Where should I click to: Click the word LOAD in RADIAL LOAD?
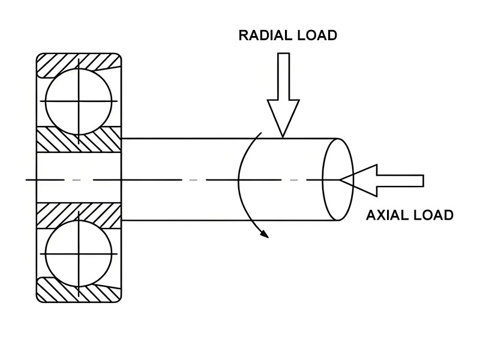pyautogui.click(x=317, y=35)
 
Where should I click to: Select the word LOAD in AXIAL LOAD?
pyautogui.click(x=433, y=215)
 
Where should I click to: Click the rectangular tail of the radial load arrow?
pyautogui.click(x=283, y=76)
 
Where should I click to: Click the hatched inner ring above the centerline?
pyautogui.click(x=79, y=140)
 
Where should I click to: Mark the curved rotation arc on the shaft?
pyautogui.click(x=241, y=180)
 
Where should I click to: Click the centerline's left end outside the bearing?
pyautogui.click(x=30, y=180)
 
